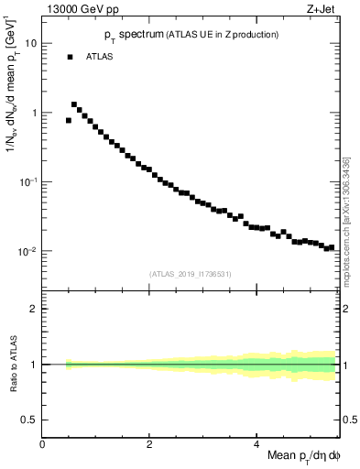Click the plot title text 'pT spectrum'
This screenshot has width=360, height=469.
click(127, 35)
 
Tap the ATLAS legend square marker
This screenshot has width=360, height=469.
click(70, 57)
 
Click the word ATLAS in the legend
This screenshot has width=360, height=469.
click(100, 57)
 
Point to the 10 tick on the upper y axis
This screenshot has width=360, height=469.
click(32, 43)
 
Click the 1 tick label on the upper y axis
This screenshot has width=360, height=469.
click(35, 113)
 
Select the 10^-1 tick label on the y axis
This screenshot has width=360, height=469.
click(29, 181)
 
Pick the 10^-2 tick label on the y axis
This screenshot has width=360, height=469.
click(29, 251)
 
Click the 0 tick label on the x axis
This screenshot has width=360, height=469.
click(43, 445)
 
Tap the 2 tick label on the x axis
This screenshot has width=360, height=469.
click(149, 445)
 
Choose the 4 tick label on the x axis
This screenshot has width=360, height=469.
click(256, 445)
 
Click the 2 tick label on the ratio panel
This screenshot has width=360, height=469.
click(35, 309)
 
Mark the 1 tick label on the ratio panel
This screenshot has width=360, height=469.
click(35, 364)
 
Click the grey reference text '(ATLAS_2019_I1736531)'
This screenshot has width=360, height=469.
click(191, 273)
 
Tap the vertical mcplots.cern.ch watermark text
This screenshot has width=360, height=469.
click(349, 220)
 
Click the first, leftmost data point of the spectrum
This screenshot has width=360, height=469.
click(69, 120)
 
